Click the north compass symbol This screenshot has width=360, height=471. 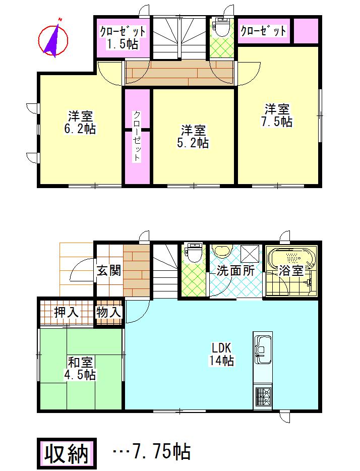[x=54, y=38]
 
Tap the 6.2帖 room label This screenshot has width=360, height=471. [x=79, y=122]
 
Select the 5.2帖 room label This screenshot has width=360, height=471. [x=194, y=136]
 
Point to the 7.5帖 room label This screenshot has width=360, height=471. [x=277, y=115]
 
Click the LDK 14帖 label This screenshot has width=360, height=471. [x=221, y=354]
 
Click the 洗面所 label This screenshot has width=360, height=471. [x=235, y=270]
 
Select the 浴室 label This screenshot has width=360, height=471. [x=291, y=270]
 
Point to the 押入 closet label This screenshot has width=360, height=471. [x=67, y=312]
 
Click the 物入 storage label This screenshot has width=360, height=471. [x=109, y=312]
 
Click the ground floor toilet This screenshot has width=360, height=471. [x=194, y=252]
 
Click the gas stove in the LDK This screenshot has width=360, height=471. [x=263, y=396]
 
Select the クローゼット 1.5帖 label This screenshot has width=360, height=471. [x=123, y=37]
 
